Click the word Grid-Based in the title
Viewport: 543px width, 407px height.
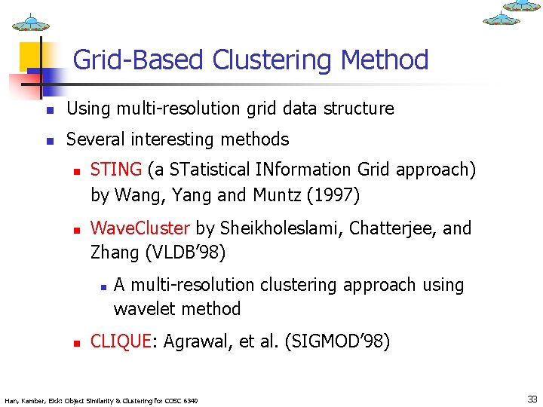click(x=140, y=60)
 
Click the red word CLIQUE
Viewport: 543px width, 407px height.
click(x=120, y=342)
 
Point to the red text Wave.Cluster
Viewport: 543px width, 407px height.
click(x=141, y=228)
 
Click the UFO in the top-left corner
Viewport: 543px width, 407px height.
click(x=31, y=23)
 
